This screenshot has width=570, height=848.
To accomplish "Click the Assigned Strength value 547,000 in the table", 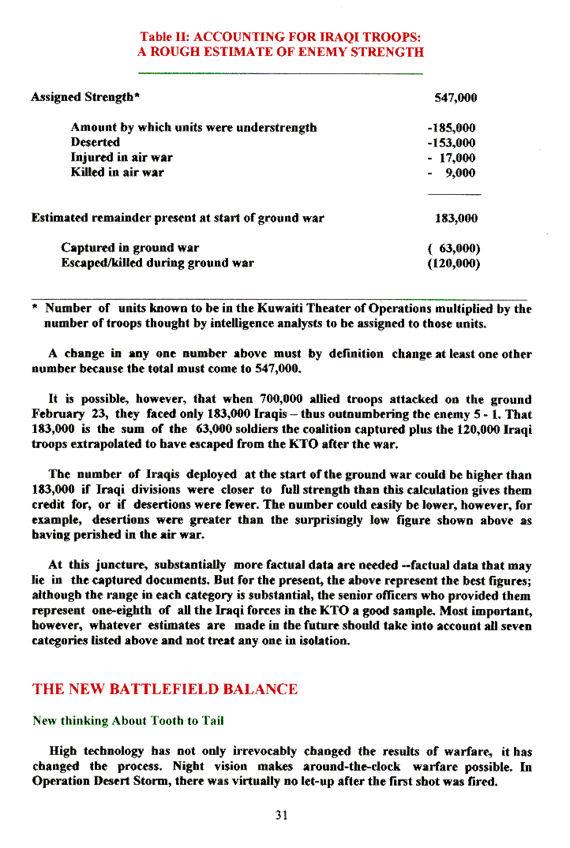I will (456, 98).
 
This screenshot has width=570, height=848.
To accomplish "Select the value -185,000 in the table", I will (451, 128).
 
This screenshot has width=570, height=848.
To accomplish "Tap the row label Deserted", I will (96, 143).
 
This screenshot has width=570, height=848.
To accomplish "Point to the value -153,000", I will (451, 143).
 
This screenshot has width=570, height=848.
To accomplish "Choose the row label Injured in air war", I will (122, 158).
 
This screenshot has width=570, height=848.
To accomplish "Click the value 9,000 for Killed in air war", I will (459, 173).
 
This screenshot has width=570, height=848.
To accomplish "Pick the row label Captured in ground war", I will (130, 248).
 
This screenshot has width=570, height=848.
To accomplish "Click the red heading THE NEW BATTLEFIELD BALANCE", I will (165, 689).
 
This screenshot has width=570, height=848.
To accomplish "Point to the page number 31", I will (281, 816).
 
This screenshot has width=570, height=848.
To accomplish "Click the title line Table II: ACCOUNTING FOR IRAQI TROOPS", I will (280, 37).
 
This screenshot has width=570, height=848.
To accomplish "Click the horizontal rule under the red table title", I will (280, 73).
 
